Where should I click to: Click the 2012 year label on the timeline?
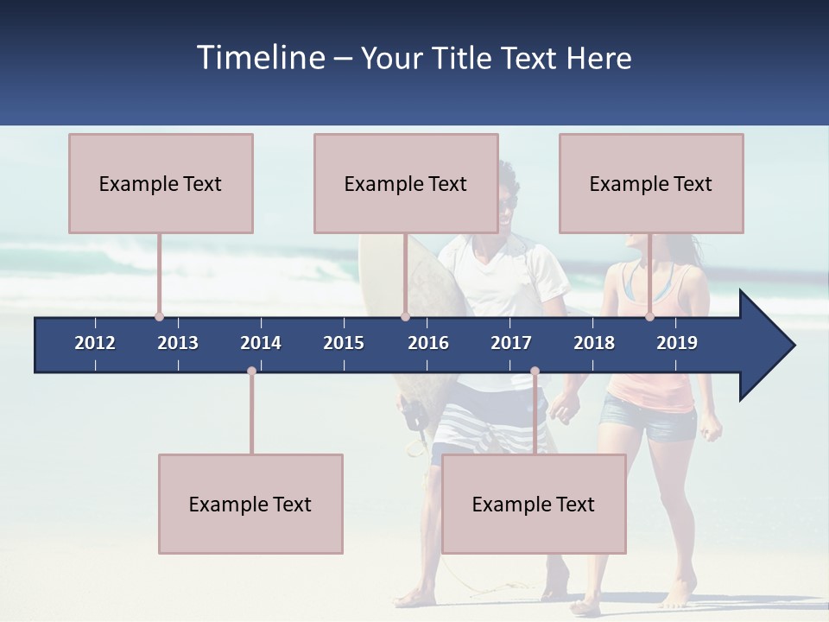click(x=95, y=343)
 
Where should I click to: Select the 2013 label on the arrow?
click(x=178, y=343)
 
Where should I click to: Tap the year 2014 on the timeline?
click(x=261, y=343)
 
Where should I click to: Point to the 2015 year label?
click(x=344, y=343)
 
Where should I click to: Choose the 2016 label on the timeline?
click(x=428, y=343)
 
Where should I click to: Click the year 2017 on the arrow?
click(x=511, y=343)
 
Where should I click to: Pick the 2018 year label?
click(x=594, y=343)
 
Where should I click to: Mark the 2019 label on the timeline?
click(x=677, y=343)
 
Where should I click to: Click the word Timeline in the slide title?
click(x=258, y=58)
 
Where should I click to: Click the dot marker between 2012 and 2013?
click(x=159, y=316)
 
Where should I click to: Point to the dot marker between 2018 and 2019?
click(x=649, y=316)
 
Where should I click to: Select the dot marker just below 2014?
click(x=251, y=371)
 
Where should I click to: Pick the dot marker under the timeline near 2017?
click(x=535, y=371)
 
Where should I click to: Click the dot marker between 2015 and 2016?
click(x=405, y=316)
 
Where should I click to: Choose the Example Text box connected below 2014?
click(x=250, y=504)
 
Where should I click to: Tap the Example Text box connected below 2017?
click(x=534, y=504)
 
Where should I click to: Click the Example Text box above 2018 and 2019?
click(x=651, y=183)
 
